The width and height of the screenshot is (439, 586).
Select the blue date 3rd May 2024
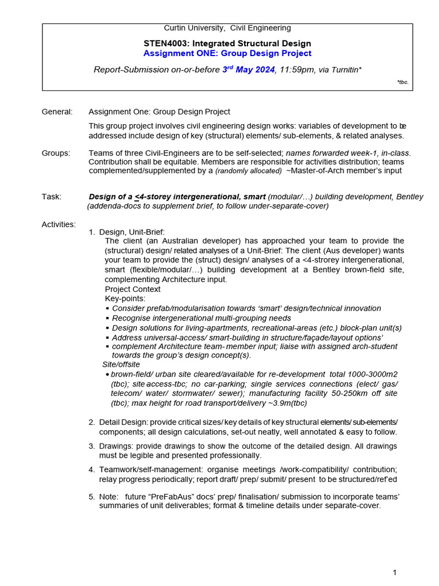point(249,69)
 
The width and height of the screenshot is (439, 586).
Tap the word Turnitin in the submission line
point(342,70)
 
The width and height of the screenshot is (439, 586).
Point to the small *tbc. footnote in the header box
point(403,82)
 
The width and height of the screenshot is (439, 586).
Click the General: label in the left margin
point(57,112)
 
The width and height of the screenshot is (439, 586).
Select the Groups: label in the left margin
point(56,153)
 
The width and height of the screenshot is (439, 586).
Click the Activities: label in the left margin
point(58,224)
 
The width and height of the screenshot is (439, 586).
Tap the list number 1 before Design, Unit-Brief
point(92,232)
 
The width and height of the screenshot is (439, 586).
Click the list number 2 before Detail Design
point(91,422)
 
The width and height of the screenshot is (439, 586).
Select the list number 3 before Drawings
point(91,446)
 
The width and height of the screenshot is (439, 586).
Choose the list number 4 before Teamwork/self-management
point(91,469)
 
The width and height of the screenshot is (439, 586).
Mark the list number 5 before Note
point(91,496)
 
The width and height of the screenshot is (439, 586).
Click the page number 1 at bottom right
point(394,572)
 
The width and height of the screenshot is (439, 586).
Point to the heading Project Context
point(133,289)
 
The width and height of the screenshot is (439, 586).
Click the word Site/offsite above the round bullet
point(121,364)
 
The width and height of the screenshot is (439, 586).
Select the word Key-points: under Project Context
point(125,298)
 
